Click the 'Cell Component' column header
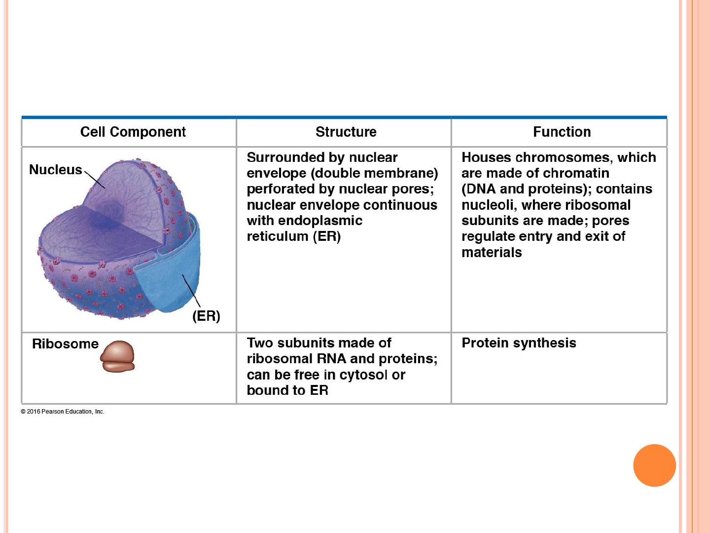click(133, 132)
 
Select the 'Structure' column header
click(346, 132)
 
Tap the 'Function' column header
click(562, 132)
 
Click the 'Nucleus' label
click(56, 170)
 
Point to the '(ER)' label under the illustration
click(206, 316)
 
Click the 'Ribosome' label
click(66, 343)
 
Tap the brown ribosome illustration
click(117, 356)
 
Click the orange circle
click(654, 465)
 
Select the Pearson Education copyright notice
click(63, 411)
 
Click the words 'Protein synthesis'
click(519, 343)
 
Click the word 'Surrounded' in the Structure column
click(285, 157)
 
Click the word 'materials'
click(492, 252)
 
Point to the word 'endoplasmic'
click(320, 221)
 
